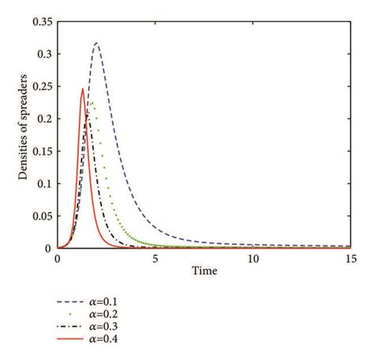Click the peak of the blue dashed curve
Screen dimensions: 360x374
click(x=96, y=43)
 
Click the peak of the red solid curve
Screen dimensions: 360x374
click(x=83, y=88)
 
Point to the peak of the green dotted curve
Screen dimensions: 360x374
click(x=91, y=102)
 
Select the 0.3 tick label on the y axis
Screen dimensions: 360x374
click(x=43, y=54)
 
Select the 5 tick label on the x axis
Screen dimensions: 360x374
click(x=155, y=258)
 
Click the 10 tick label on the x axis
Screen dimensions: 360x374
click(x=252, y=258)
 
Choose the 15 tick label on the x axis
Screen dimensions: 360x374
click(x=350, y=258)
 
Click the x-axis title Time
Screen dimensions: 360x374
click(x=204, y=271)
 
